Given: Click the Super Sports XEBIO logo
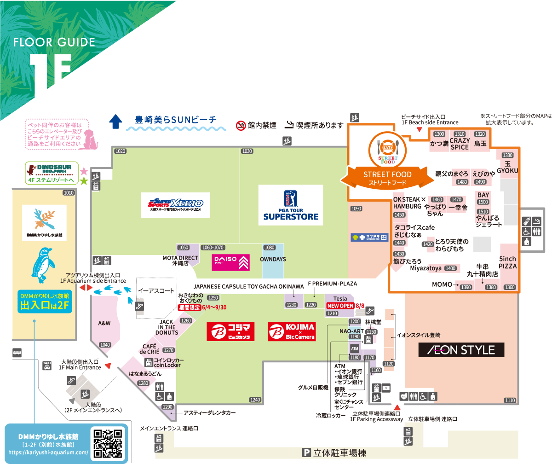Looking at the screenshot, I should coord(175,204).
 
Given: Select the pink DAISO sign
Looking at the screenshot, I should coord(230,262).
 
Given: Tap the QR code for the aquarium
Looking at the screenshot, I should coord(108,443).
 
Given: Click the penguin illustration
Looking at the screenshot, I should coord(44,267).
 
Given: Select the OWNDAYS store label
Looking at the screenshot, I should coord(273,259).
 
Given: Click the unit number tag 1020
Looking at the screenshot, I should coord(121,151).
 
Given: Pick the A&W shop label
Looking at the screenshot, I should coord(104,323).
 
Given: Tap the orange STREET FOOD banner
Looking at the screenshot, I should coord(387,178).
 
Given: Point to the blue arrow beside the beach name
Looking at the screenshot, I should coord(115,122).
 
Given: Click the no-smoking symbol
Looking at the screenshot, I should coord(240,125).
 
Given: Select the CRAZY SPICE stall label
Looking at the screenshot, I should coord(460,144).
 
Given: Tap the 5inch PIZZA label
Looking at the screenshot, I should coord(508,262).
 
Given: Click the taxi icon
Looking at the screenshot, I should coord(46,365).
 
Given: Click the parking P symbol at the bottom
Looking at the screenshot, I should coord(306,453).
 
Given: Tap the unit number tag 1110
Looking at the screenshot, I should coord(510,400).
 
